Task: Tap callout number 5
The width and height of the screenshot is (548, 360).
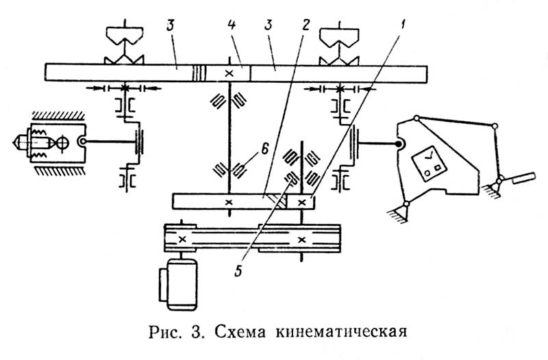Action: (238, 270)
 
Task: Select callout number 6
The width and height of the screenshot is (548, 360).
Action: (264, 150)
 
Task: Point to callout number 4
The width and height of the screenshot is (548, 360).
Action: (232, 25)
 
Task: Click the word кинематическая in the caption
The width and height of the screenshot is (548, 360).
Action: (341, 332)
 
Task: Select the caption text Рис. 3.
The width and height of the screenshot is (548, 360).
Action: (177, 332)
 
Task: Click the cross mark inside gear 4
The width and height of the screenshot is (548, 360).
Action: (229, 73)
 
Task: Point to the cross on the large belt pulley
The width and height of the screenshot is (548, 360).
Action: (302, 240)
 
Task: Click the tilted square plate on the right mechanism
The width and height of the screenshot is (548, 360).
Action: (429, 163)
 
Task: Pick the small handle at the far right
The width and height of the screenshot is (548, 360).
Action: (523, 178)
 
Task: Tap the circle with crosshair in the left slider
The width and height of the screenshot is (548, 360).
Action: (63, 143)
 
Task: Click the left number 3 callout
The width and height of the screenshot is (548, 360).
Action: (170, 25)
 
